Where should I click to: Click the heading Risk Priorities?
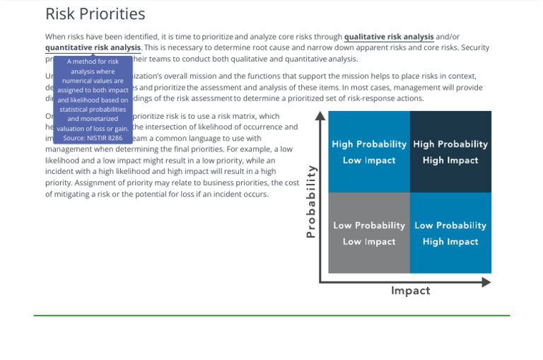tap(95, 14)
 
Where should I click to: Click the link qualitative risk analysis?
tap(389, 37)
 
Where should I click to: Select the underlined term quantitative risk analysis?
tap(93, 47)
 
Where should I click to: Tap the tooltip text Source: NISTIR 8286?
tap(93, 138)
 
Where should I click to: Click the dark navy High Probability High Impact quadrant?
tap(450, 152)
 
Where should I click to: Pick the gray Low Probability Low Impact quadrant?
tap(368, 233)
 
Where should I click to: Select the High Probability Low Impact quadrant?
tap(368, 152)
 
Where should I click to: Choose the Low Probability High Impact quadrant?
tap(450, 233)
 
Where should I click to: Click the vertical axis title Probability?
tap(310, 202)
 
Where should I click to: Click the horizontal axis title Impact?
tap(410, 291)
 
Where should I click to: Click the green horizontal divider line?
tap(271, 315)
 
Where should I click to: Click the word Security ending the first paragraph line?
tap(474, 47)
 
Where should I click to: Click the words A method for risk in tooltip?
tap(93, 62)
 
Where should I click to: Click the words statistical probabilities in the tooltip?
tap(93, 110)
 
